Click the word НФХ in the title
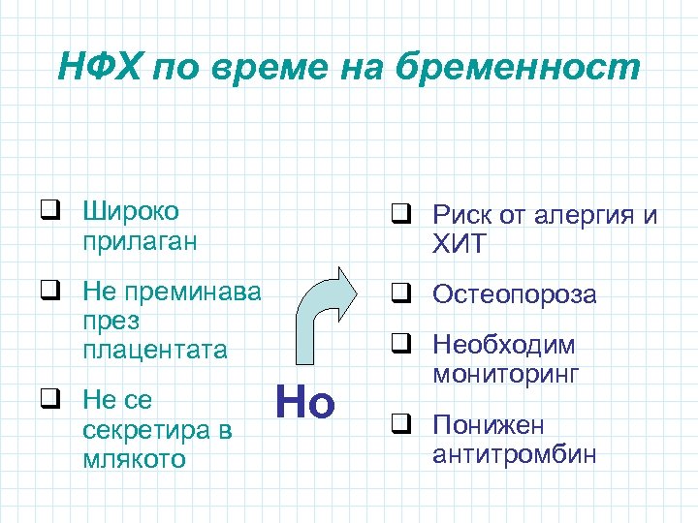point(96,67)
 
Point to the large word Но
point(304,402)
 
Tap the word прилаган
point(140,240)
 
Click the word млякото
point(136,457)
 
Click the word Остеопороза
point(515,293)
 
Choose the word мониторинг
point(505,374)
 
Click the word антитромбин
point(515,454)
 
